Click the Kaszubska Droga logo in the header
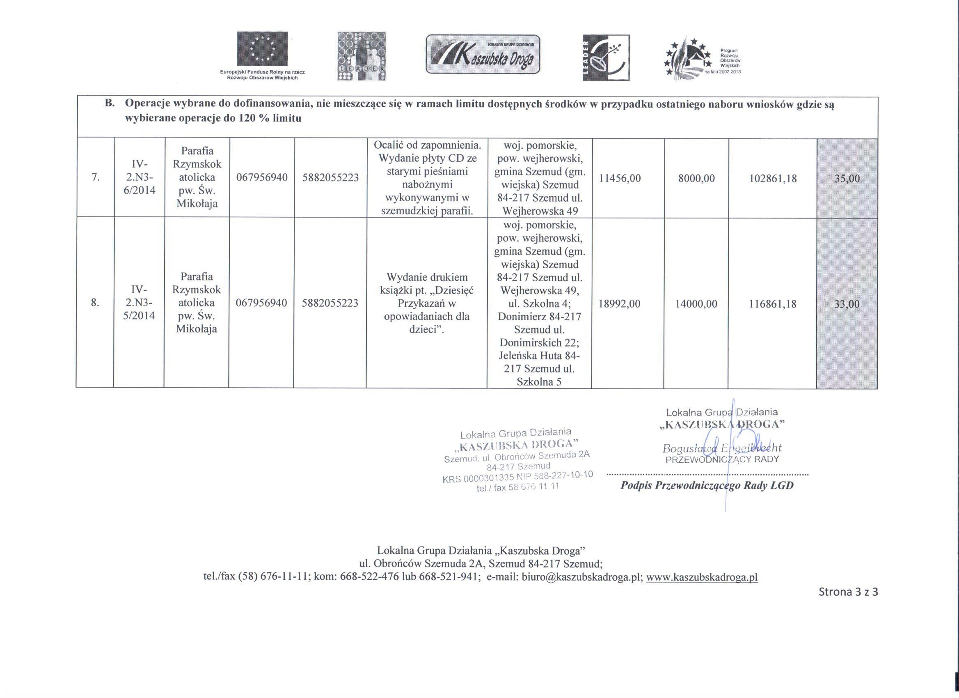(x=483, y=54)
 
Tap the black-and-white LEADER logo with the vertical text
(x=606, y=57)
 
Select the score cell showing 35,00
(x=847, y=178)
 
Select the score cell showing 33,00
(x=847, y=303)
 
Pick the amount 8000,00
(x=696, y=178)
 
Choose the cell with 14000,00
(x=696, y=303)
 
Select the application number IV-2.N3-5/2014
(x=139, y=303)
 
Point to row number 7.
(x=96, y=178)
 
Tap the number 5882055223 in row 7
(x=331, y=178)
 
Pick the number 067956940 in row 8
(x=261, y=303)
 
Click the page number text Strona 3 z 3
(x=848, y=592)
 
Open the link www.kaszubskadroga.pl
(x=702, y=577)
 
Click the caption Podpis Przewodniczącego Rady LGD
(x=707, y=486)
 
